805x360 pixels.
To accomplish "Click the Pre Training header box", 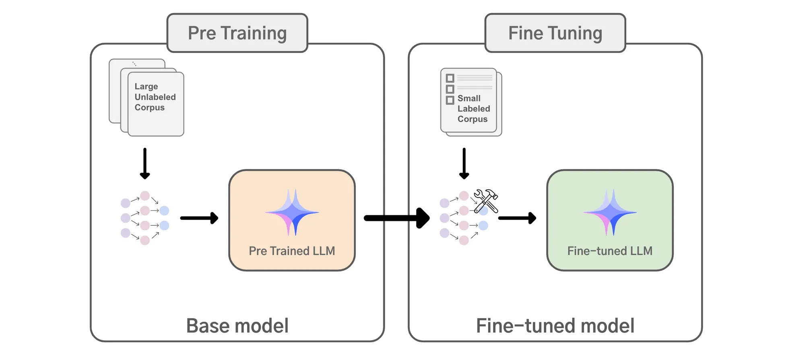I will pos(237,33).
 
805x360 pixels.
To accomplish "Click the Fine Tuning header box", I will pos(555,33).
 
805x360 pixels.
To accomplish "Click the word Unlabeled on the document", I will pos(155,97).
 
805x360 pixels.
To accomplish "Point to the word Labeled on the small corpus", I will pos(474,109).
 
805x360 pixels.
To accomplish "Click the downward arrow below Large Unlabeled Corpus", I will pos(145,163).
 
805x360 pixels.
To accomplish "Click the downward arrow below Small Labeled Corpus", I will pos(464,163).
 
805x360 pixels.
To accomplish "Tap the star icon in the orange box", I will pos(292,212).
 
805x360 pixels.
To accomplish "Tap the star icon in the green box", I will pos(610,212).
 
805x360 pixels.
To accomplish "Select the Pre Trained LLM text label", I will pos(292,251).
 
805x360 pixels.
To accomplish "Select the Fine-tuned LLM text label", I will pos(610,251).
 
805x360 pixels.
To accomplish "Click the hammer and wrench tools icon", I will pos(486,200).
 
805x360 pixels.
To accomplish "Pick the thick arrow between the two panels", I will pos(396,218).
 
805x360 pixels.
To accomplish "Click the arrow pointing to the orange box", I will pos(199,218).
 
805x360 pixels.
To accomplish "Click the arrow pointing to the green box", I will pos(517,218).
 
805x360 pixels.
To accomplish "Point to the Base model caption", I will pos(237,326).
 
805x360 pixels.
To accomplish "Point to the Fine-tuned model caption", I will pos(555,326).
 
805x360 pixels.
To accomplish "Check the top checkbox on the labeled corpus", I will pos(450,78).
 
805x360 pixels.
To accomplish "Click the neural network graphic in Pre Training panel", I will pos(145,218).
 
